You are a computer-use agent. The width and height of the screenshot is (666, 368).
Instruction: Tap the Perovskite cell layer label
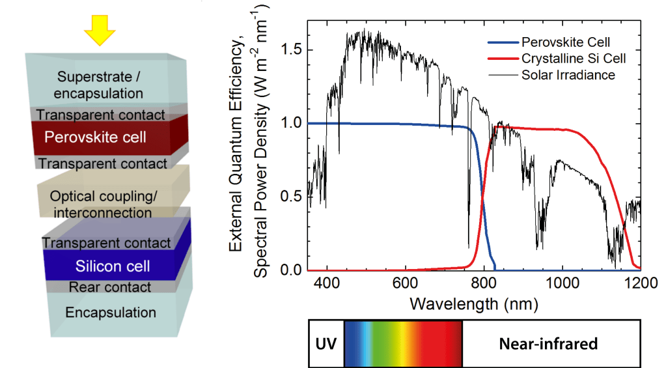click(x=95, y=138)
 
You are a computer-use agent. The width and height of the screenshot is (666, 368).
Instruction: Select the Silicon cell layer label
click(x=113, y=266)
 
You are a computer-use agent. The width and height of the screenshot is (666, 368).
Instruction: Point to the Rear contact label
click(x=110, y=287)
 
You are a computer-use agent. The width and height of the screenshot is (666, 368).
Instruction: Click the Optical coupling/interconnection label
click(x=104, y=204)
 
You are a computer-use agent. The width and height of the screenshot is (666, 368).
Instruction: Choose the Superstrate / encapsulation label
click(x=100, y=85)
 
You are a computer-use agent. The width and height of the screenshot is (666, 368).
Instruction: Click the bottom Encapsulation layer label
click(x=111, y=313)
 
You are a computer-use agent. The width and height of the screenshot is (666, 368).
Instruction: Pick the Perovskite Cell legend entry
click(x=566, y=42)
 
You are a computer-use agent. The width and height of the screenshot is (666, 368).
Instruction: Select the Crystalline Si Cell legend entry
click(x=574, y=59)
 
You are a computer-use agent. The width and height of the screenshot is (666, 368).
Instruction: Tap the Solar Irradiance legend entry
click(x=568, y=75)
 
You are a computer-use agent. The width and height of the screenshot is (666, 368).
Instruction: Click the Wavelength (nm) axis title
click(x=473, y=303)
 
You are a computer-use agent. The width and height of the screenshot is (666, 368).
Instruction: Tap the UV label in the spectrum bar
click(x=326, y=343)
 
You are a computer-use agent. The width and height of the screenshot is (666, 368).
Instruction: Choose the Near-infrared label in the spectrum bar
click(x=548, y=343)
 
